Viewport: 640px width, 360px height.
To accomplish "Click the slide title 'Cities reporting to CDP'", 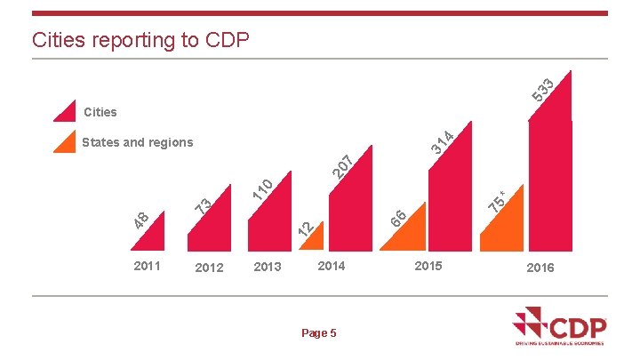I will (141, 40).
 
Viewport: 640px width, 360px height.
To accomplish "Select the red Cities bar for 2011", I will (152, 239).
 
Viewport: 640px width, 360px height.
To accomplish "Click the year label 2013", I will (268, 268).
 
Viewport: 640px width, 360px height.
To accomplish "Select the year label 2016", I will (540, 268).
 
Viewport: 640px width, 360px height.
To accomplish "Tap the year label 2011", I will (147, 266).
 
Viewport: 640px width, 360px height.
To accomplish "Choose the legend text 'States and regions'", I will (137, 142).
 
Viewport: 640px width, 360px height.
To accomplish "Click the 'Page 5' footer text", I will (319, 333).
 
